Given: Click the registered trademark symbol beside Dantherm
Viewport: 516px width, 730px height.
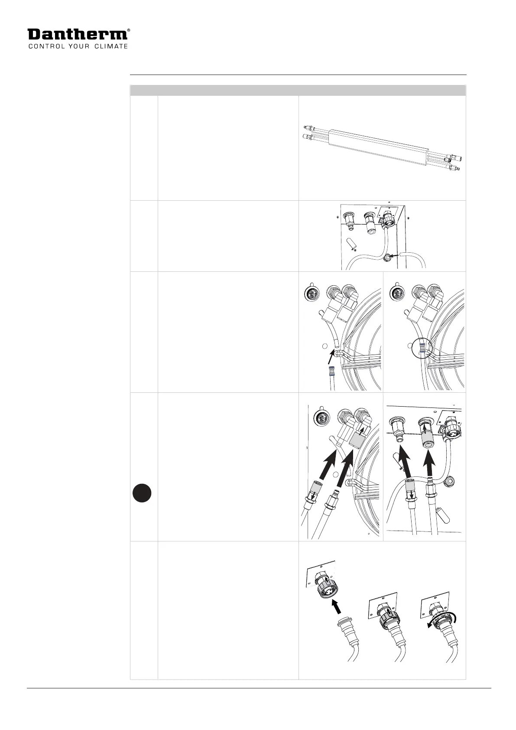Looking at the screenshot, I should (x=128, y=31).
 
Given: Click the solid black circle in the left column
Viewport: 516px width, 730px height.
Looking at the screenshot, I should (x=142, y=494).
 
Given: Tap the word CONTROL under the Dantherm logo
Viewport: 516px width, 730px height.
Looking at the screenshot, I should (x=44, y=46).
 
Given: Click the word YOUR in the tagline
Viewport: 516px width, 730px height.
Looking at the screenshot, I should (x=78, y=46).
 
